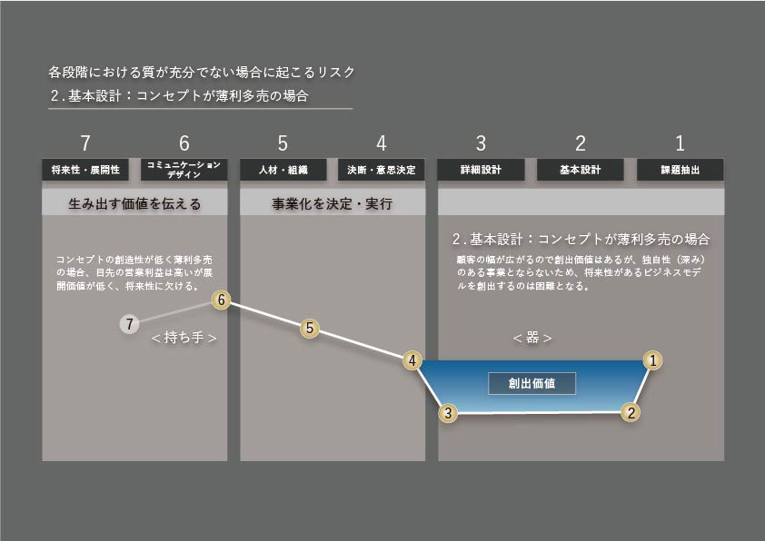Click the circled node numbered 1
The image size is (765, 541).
pyautogui.click(x=651, y=360)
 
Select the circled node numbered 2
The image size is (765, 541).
pyautogui.click(x=631, y=411)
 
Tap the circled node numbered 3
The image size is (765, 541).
pyautogui.click(x=447, y=413)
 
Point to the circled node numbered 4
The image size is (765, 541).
pyautogui.click(x=412, y=360)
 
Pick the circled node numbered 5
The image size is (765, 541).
pyautogui.click(x=311, y=329)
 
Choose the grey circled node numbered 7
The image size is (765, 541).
pyautogui.click(x=130, y=323)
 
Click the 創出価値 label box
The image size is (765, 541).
pyautogui.click(x=532, y=383)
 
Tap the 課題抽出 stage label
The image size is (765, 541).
pyautogui.click(x=680, y=170)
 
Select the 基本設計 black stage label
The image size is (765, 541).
pyautogui.click(x=580, y=170)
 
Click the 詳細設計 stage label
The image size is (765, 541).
pyautogui.click(x=482, y=170)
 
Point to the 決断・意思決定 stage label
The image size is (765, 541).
pyautogui.click(x=382, y=170)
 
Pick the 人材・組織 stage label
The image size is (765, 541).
pyautogui.click(x=283, y=170)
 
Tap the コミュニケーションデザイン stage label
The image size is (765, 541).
pyautogui.click(x=184, y=170)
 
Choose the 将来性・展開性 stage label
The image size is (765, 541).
pyautogui.click(x=84, y=170)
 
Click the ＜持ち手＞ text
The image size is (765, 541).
pyautogui.click(x=184, y=338)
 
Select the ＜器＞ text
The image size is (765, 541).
pyautogui.click(x=532, y=338)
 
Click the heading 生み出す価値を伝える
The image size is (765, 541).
pyautogui.click(x=134, y=204)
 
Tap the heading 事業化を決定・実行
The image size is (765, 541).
pyautogui.click(x=332, y=204)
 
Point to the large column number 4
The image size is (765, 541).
pyautogui.click(x=382, y=143)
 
